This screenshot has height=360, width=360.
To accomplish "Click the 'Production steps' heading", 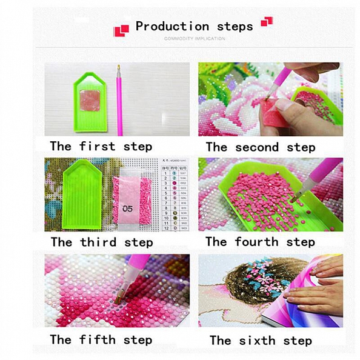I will pyautogui.click(x=194, y=26).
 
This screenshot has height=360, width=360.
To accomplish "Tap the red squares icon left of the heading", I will pyautogui.click(x=121, y=29).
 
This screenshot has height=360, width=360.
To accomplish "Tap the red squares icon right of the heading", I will pyautogui.click(x=267, y=22).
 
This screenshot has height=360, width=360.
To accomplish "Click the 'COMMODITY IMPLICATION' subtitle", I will pyautogui.click(x=195, y=38).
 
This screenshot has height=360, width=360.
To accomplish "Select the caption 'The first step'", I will pyautogui.click(x=101, y=146).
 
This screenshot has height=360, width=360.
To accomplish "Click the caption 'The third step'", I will pyautogui.click(x=102, y=242).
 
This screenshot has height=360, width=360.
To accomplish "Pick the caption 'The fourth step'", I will pyautogui.click(x=260, y=242).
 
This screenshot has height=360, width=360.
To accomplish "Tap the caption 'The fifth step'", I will pyautogui.click(x=101, y=339).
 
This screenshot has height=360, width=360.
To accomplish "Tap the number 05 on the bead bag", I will pyautogui.click(x=126, y=208).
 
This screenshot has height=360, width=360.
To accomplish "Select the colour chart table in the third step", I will pyautogui.click(x=173, y=195).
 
